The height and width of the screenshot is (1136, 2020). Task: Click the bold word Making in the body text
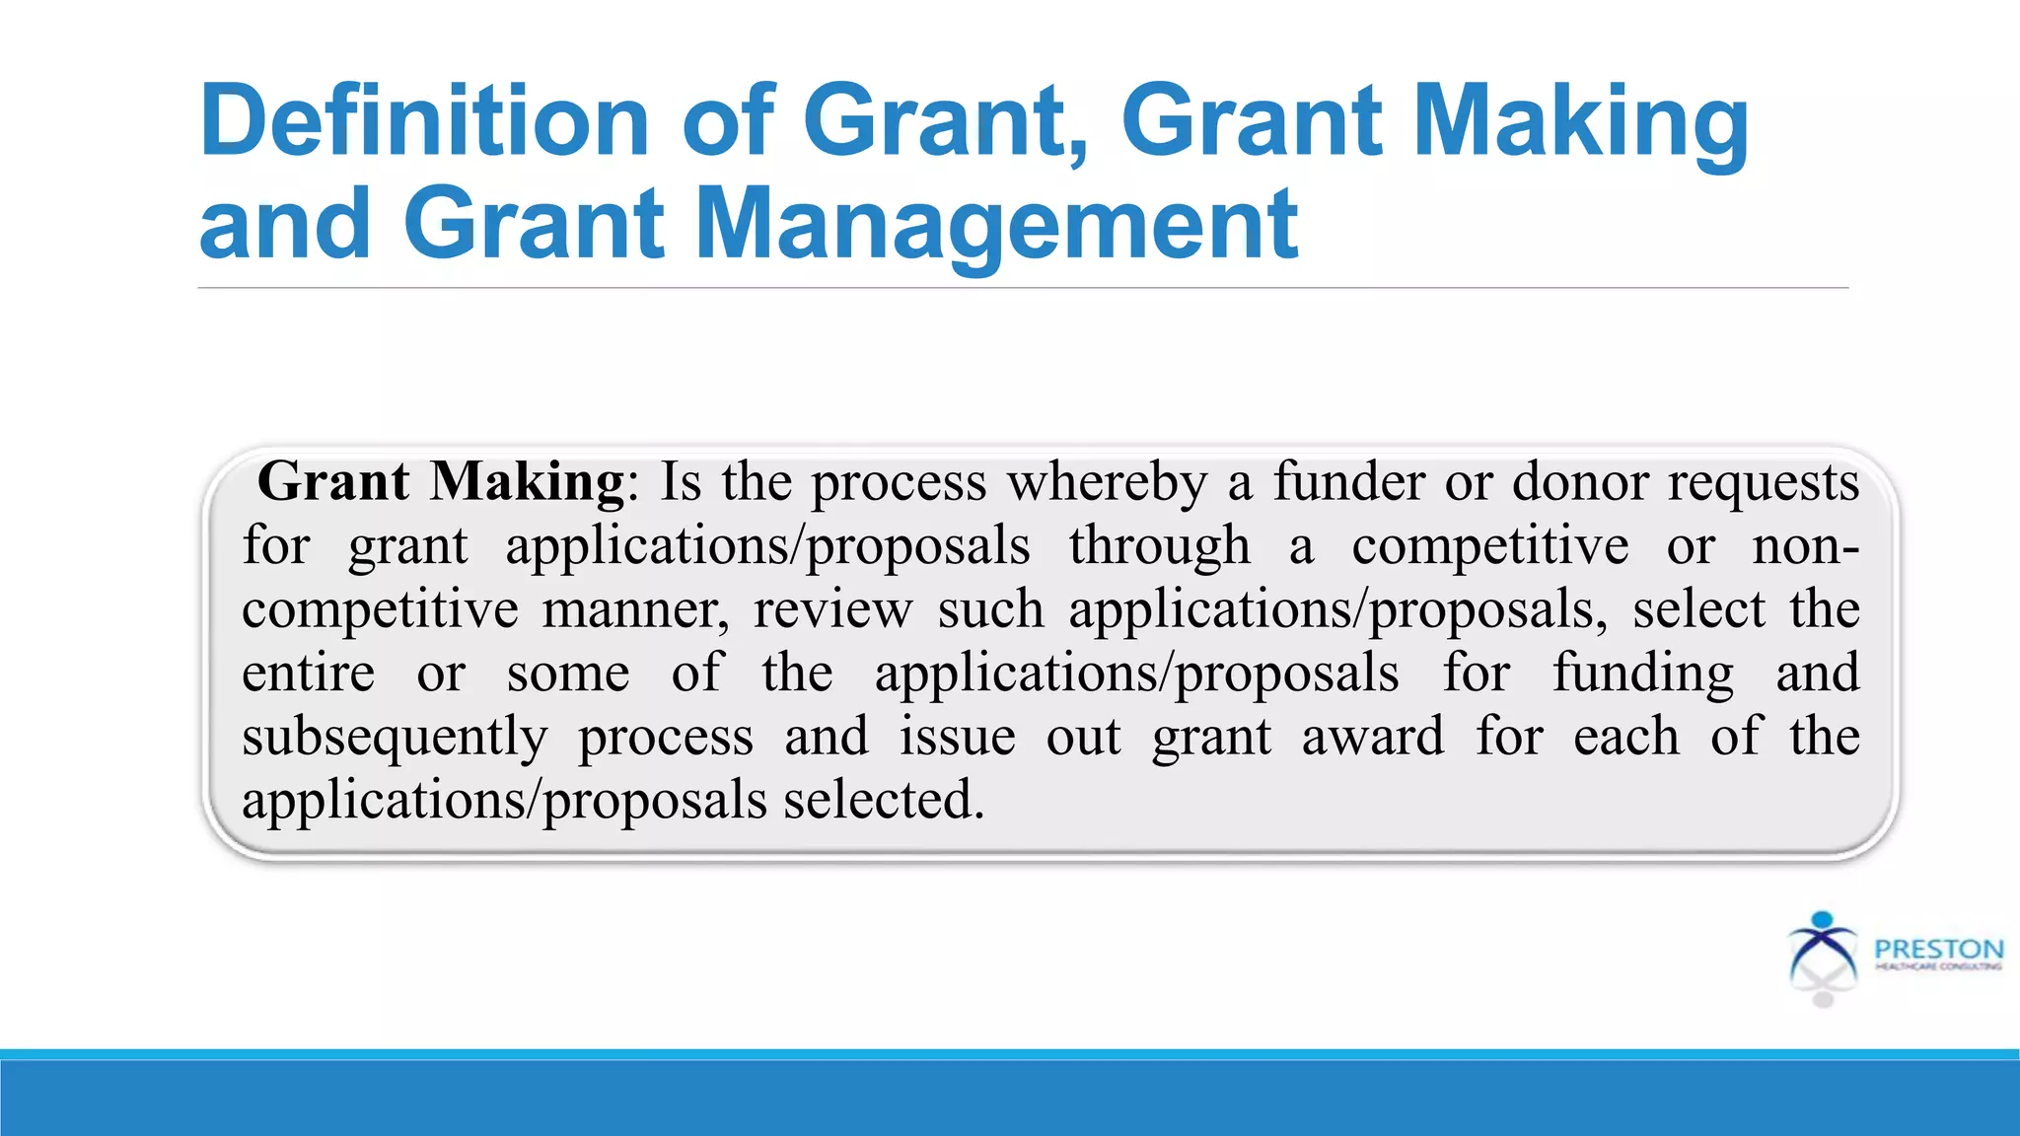[527, 482]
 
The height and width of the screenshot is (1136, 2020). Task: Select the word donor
[1580, 482]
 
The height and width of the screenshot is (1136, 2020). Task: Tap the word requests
[1764, 482]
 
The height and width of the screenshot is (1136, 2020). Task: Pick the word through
[1159, 546]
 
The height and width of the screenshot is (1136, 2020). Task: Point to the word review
[832, 609]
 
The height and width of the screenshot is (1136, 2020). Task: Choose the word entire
[309, 674]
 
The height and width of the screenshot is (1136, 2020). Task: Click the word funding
[1642, 674]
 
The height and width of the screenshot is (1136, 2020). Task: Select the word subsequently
[395, 738]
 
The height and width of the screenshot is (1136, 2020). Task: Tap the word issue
[957, 737]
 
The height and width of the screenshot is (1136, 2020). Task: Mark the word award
[1373, 737]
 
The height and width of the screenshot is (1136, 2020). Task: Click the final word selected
[884, 800]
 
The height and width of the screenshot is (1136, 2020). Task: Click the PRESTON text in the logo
[1938, 949]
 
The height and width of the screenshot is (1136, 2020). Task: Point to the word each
[1625, 737]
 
